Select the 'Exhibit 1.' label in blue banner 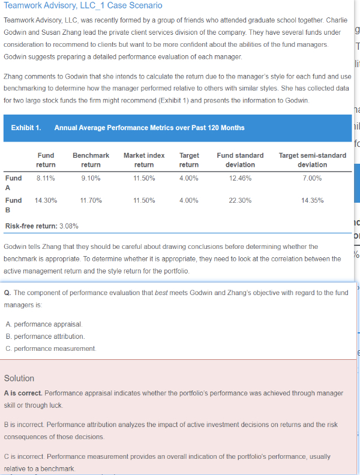pos(26,128)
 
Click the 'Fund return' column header pos(46,160)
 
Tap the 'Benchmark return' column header pos(91,160)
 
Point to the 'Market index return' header pos(143,160)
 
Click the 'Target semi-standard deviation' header pos(312,160)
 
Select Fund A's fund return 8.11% pos(46,178)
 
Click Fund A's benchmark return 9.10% pos(91,178)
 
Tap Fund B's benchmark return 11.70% pos(91,200)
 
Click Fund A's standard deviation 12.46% pos(240,178)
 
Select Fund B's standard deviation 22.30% pos(240,200)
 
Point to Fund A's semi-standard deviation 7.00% pos(312,178)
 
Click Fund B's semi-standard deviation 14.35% pos(312,200)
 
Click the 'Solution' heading pos(19,378)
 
